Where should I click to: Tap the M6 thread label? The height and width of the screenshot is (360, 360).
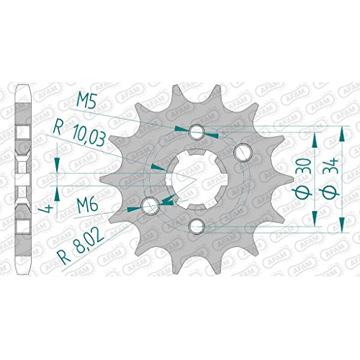tap(87, 206)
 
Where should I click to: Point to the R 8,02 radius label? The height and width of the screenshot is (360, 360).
tap(81, 244)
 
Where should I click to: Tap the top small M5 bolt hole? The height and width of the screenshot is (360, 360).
tap(197, 132)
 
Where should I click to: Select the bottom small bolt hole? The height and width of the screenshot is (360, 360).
tap(197, 226)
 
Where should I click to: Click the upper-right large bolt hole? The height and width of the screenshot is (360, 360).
tap(242, 152)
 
